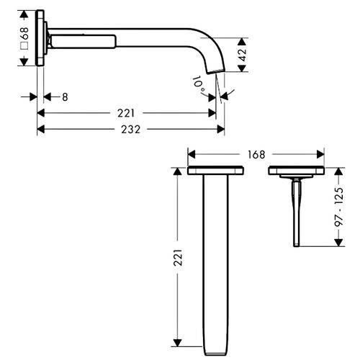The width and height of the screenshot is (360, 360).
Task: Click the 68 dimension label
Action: pyautogui.click(x=24, y=33)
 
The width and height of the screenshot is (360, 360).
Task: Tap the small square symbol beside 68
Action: pyautogui.click(x=24, y=45)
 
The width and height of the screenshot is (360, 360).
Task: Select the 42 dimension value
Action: pyautogui.click(x=243, y=55)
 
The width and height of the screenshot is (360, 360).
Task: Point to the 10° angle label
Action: pyautogui.click(x=199, y=85)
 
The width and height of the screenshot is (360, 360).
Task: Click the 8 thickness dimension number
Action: pyautogui.click(x=65, y=97)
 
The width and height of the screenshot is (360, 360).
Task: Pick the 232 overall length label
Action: pyautogui.click(x=130, y=130)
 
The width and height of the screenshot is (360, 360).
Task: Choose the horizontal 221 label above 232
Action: pyautogui.click(x=126, y=113)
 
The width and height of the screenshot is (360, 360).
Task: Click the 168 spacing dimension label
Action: pyautogui.click(x=256, y=155)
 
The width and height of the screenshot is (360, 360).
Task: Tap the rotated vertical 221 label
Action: pyautogui.click(x=178, y=258)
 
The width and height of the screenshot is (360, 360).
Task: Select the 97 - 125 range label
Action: pyautogui.click(x=339, y=207)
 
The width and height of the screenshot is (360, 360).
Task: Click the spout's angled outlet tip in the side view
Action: pyautogui.click(x=215, y=71)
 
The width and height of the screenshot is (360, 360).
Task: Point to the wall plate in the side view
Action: pyautogui.click(x=40, y=37)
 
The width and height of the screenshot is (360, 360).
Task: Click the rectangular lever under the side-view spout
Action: pyautogui.click(x=84, y=42)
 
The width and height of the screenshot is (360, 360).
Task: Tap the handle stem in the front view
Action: pyautogui.click(x=297, y=213)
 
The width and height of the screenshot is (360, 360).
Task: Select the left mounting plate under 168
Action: pyautogui.click(x=215, y=171)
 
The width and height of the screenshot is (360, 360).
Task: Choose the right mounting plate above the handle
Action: pyautogui.click(x=297, y=171)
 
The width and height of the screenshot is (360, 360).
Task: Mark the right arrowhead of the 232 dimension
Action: pyautogui.click(x=220, y=130)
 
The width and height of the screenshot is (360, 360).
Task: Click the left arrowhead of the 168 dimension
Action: pyautogui.click(x=192, y=155)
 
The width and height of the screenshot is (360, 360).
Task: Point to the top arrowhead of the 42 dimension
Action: pyautogui.click(x=242, y=42)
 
